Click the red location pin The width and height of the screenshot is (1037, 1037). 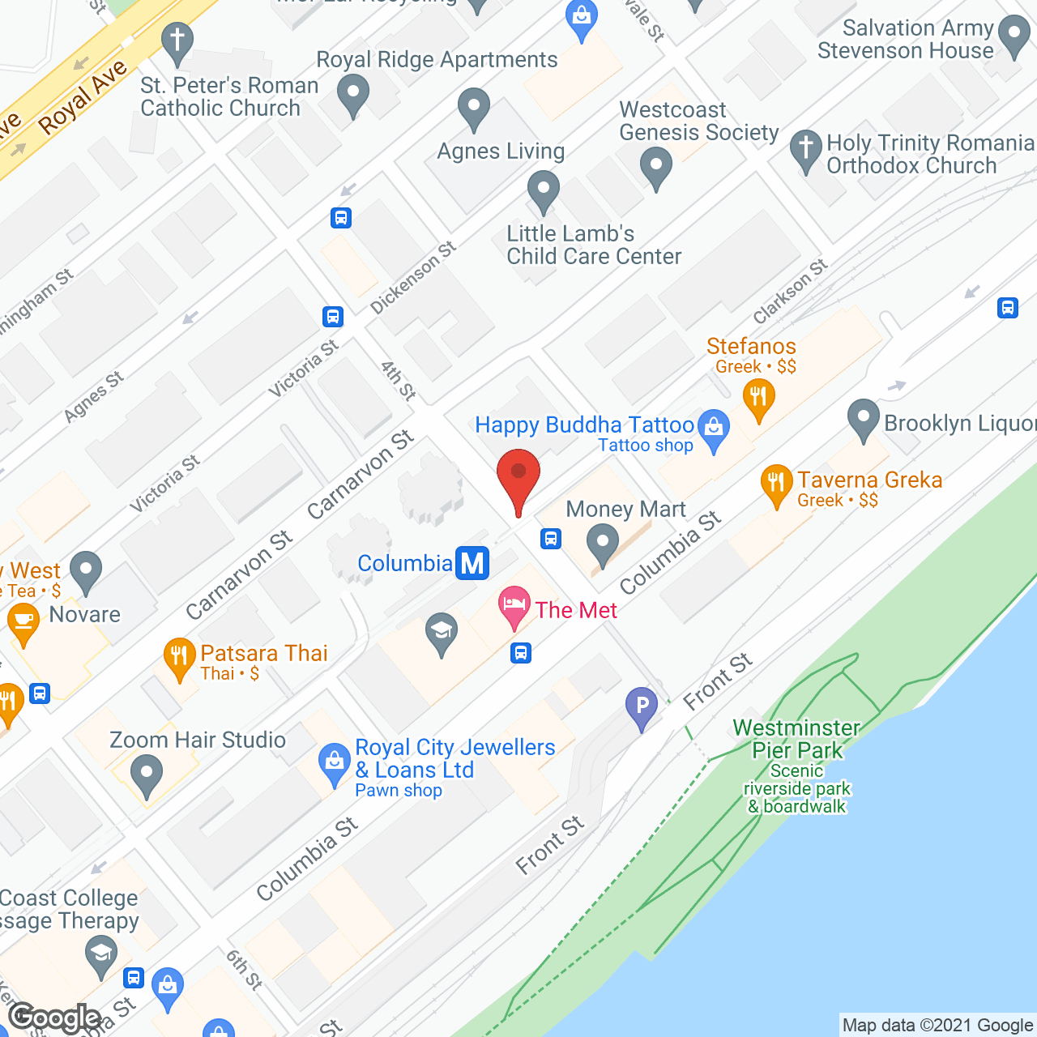point(518,478)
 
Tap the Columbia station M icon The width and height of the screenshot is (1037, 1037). point(472,563)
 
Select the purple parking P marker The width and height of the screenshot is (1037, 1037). point(642,706)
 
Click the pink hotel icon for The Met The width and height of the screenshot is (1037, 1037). point(514,606)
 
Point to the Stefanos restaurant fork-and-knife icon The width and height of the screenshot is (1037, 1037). point(759,398)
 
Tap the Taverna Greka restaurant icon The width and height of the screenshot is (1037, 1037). point(776,483)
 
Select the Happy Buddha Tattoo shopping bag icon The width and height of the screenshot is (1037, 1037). point(714,427)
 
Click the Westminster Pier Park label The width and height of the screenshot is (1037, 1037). point(797,739)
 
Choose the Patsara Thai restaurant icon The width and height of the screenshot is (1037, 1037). point(179,656)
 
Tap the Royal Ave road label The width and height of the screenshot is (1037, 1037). point(83,96)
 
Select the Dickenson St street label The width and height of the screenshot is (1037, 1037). point(413,278)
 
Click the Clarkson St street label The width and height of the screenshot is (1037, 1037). point(790,291)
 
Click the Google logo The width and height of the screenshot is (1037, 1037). point(55,1018)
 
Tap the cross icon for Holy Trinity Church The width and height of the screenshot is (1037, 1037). point(805,149)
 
